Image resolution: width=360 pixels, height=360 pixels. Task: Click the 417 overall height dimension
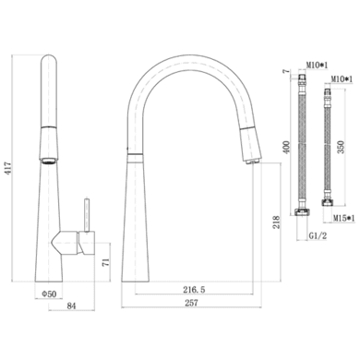(x=8, y=168)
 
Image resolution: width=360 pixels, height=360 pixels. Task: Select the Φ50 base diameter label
(x=49, y=294)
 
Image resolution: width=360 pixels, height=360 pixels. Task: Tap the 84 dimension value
(x=71, y=306)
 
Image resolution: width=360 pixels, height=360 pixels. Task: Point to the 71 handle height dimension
(x=105, y=262)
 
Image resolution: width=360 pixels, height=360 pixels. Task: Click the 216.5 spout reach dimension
(x=194, y=290)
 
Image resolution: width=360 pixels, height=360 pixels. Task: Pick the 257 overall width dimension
(x=191, y=303)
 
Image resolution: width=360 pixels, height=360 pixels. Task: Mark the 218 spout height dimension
(x=276, y=222)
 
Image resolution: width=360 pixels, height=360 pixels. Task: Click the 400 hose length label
(x=286, y=148)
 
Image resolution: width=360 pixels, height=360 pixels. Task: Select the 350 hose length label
(x=342, y=147)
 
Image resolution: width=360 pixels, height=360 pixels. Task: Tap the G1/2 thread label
(x=318, y=236)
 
